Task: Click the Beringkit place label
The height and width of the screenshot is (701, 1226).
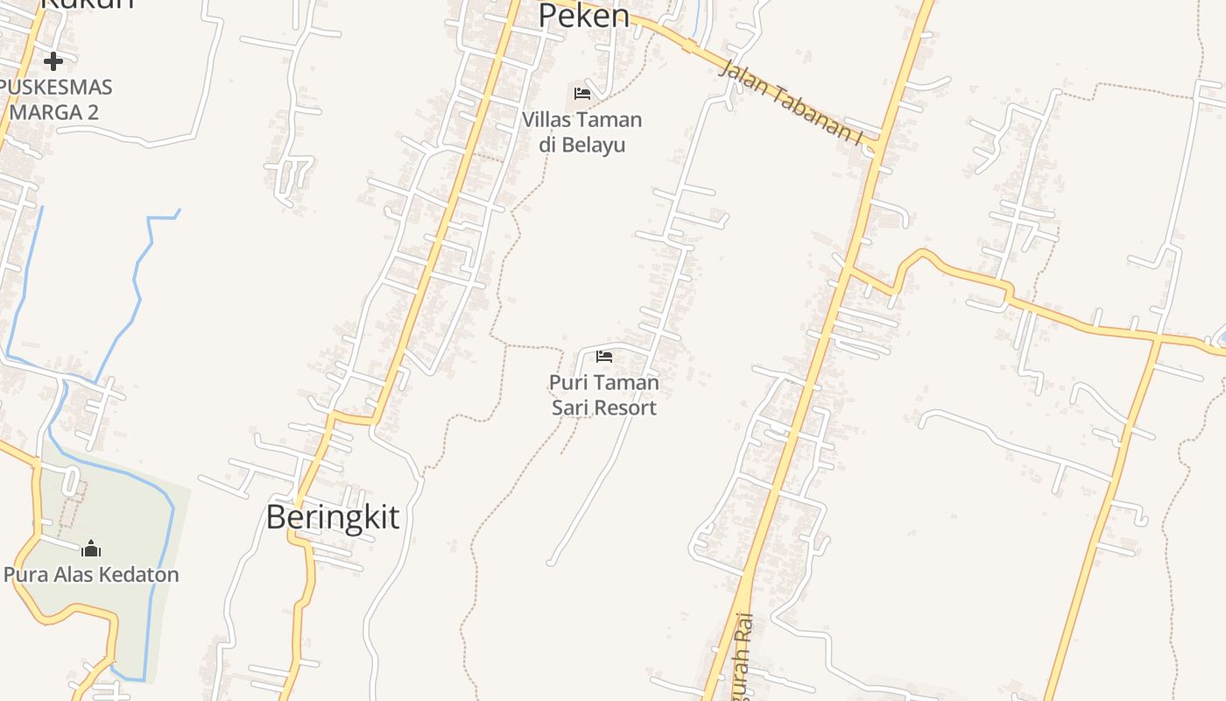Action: [x=333, y=517]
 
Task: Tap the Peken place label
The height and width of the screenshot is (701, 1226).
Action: [x=583, y=16]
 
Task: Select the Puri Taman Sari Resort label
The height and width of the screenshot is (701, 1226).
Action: [x=604, y=395]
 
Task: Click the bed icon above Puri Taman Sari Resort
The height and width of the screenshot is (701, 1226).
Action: [x=604, y=357]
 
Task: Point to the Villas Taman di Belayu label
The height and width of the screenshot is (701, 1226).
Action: [x=582, y=131]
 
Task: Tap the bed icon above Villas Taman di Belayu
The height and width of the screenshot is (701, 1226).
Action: [x=582, y=94]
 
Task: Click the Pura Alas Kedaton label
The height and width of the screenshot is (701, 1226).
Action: [x=91, y=575]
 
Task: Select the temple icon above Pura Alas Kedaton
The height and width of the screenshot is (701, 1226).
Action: [x=91, y=549]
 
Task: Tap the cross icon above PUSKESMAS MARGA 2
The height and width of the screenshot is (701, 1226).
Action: [x=53, y=61]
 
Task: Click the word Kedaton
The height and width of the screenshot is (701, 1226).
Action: [x=137, y=575]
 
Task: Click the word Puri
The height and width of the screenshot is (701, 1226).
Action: [x=566, y=383]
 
